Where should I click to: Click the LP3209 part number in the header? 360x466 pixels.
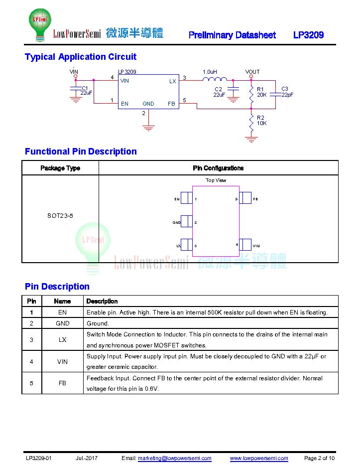[x=308, y=35]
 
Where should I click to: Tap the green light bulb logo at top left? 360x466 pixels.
[x=40, y=24]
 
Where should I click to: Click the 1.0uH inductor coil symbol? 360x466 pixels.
[x=215, y=79]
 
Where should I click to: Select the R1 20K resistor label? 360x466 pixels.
[x=262, y=92]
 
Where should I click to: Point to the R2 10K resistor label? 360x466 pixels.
[x=262, y=121]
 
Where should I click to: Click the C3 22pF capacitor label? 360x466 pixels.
[x=287, y=92]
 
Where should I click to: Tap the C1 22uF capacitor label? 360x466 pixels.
[x=86, y=90]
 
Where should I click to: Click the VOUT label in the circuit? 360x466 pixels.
[x=252, y=72]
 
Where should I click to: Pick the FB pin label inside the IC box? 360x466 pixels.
[x=171, y=104]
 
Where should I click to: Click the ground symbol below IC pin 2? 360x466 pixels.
[x=148, y=128]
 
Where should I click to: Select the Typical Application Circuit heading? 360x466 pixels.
[x=81, y=57]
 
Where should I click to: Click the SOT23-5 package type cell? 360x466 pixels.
[x=60, y=216]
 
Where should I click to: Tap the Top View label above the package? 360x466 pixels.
[x=216, y=180]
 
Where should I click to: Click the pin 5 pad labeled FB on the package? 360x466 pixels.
[x=245, y=198]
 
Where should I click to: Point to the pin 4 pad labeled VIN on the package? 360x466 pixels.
[x=245, y=245]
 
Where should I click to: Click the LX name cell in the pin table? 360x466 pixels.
[x=62, y=340]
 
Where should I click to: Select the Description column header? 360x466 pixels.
[x=102, y=302]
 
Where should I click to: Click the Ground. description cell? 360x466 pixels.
[x=98, y=323]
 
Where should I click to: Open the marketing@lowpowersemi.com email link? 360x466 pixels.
[x=175, y=458]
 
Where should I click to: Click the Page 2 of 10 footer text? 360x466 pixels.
[x=319, y=458]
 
